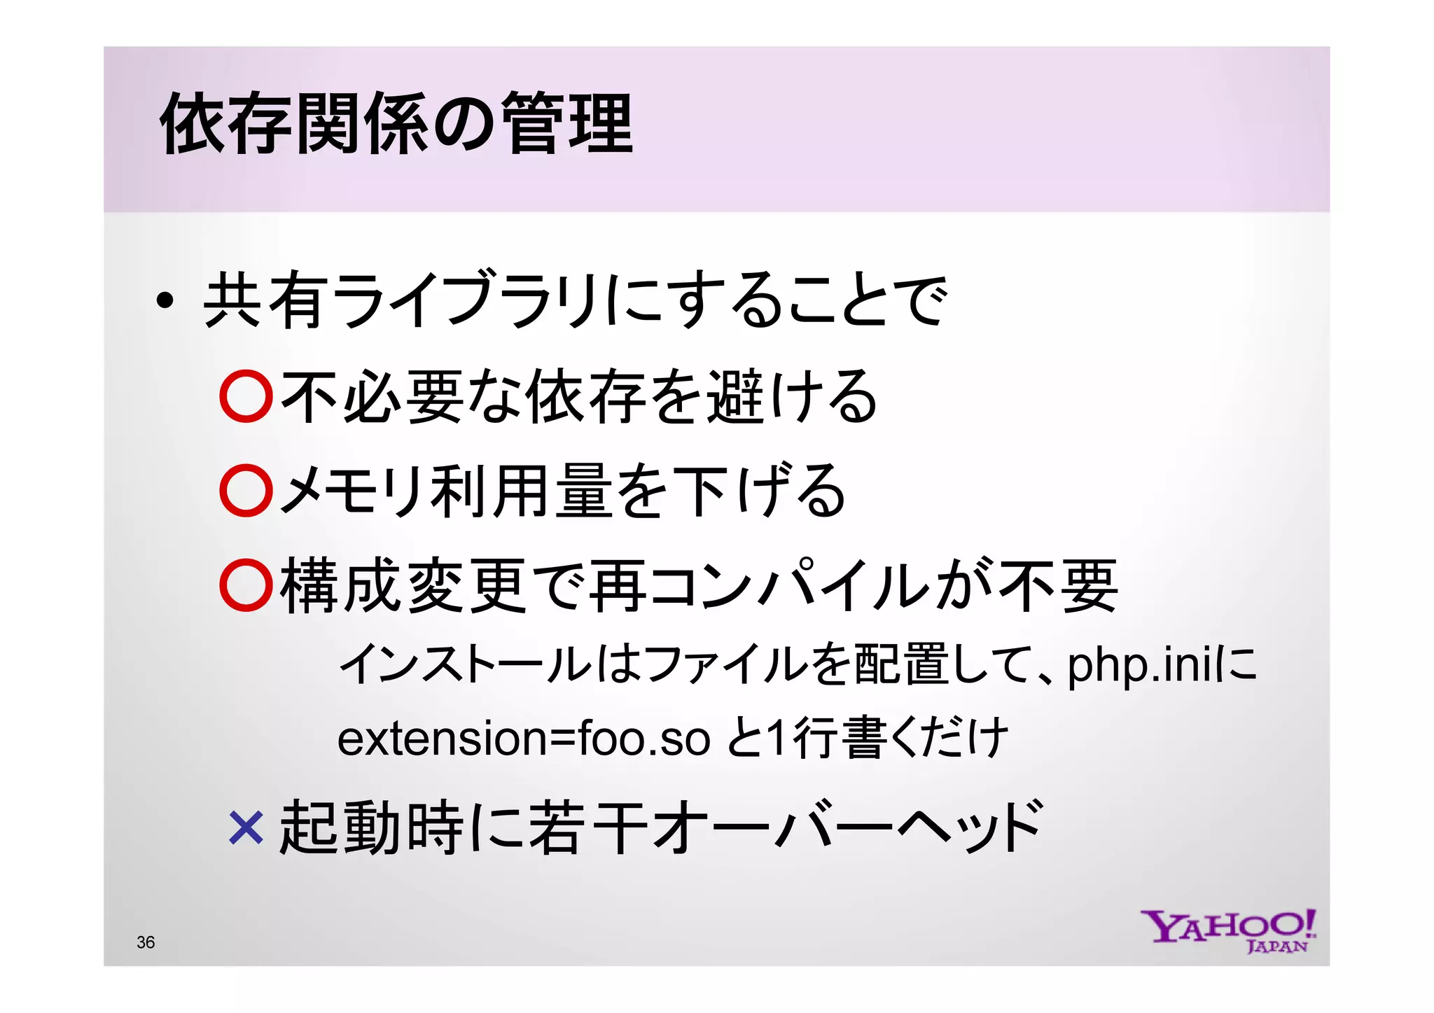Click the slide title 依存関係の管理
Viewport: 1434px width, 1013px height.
tap(396, 125)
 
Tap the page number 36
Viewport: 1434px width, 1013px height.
tap(146, 942)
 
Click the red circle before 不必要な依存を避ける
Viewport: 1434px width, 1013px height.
tap(246, 396)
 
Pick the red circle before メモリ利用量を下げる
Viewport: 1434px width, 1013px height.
tap(246, 491)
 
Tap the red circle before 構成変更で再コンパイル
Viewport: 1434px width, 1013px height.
tap(246, 585)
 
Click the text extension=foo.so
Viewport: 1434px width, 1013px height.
tap(523, 739)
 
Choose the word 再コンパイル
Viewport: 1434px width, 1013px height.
tap(763, 585)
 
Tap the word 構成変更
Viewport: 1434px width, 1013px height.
tap(403, 585)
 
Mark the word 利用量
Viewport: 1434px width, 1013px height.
tap(522, 491)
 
